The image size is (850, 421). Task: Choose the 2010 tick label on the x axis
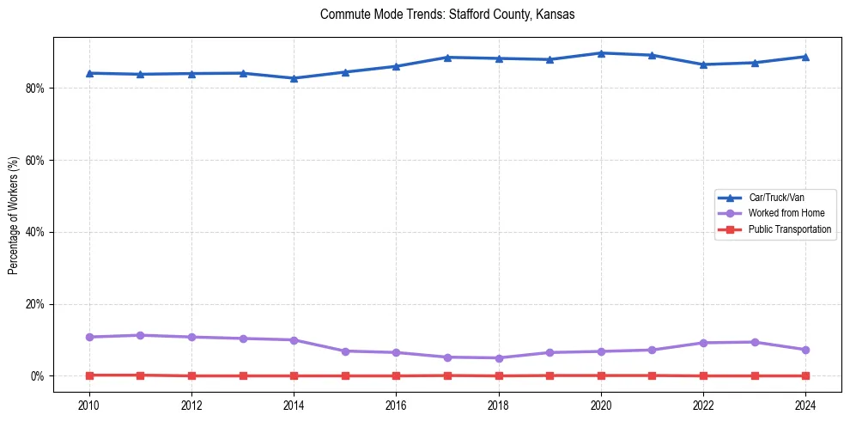point(89,405)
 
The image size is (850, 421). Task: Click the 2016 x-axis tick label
point(396,405)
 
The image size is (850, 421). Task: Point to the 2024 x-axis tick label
point(805,405)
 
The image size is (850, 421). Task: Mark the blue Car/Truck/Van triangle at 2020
point(601,53)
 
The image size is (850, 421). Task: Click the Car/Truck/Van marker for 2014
point(294,78)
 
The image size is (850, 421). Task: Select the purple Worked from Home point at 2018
point(499,357)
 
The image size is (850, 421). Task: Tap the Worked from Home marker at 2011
point(140,335)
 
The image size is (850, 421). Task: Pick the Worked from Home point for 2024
point(805,350)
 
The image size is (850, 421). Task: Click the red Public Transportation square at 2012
point(191,375)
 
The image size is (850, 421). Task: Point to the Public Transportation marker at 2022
point(703,375)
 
